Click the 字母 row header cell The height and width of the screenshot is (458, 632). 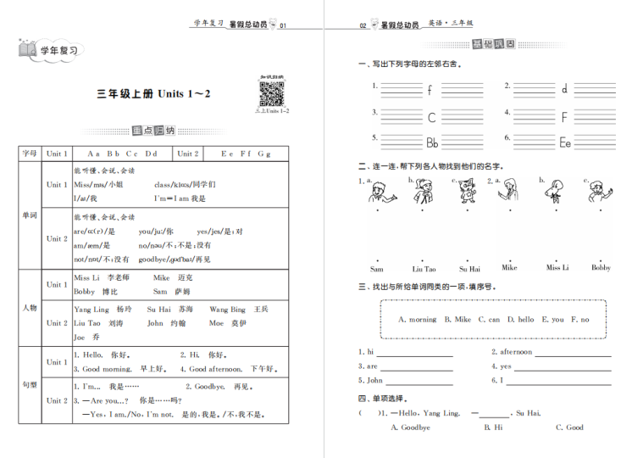coord(30,154)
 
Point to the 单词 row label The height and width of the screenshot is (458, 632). coord(30,215)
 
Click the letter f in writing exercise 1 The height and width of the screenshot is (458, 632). coord(430,89)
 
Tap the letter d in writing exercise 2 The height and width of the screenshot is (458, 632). coord(564,89)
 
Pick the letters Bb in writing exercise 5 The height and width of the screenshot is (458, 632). coord(432,142)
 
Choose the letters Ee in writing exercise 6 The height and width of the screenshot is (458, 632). coord(564,142)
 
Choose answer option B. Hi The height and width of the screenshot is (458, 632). coord(493,427)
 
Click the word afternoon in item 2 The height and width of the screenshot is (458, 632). coord(515,352)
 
